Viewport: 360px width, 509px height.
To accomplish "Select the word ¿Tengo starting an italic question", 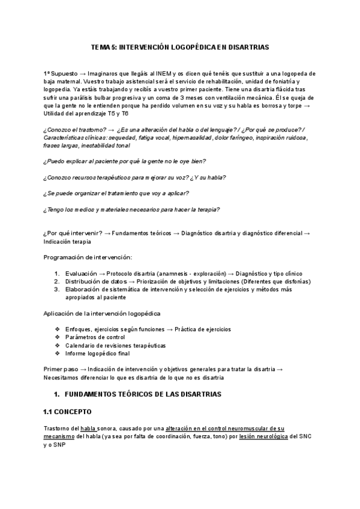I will pyautogui.click(x=55, y=209).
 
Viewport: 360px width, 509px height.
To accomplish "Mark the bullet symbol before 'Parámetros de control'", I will pyautogui.click(x=58, y=337).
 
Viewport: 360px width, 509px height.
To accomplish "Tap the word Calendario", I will pyautogui.click(x=81, y=345).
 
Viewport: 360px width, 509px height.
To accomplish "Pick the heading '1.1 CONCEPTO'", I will pyautogui.click(x=67, y=412).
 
